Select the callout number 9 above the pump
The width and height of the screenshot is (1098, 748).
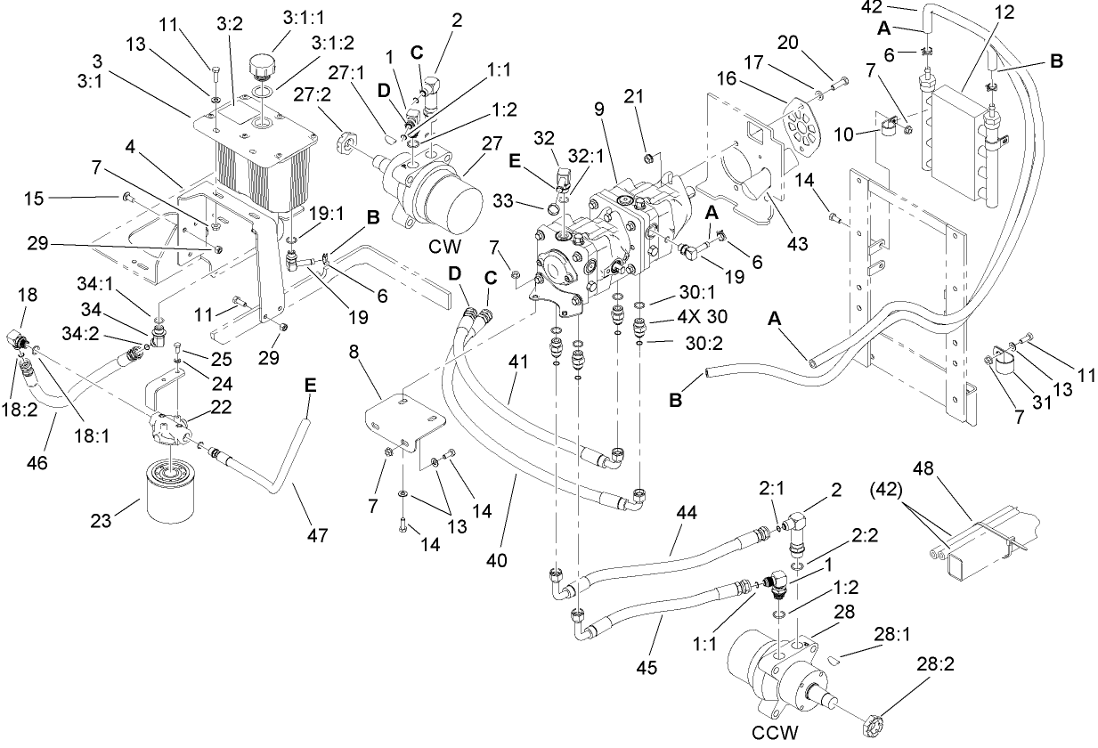598,110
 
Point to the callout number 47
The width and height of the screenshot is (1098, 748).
317,535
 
